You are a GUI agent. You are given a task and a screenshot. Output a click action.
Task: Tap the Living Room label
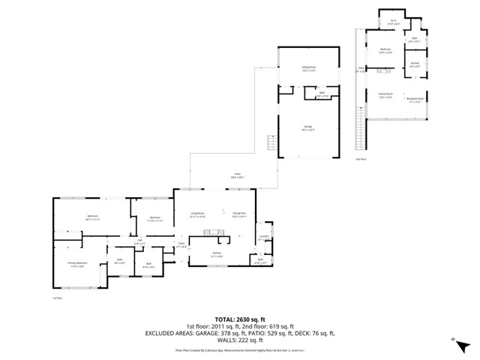[x=197, y=214]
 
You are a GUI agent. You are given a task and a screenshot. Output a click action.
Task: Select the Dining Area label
[x=239, y=214]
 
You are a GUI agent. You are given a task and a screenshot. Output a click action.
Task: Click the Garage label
[x=307, y=127]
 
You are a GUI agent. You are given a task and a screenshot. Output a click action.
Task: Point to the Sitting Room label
[x=307, y=68]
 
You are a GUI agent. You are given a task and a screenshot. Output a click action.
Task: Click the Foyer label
[x=181, y=245]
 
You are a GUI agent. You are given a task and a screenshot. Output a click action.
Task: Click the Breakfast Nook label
[x=415, y=99]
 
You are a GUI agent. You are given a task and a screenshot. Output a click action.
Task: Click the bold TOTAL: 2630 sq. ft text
[x=239, y=318]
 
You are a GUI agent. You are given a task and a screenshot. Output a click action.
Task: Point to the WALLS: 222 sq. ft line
[x=239, y=340]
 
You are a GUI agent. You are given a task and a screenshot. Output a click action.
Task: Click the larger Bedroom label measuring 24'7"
[x=92, y=218]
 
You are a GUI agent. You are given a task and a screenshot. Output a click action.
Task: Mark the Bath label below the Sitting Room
[x=322, y=95]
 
